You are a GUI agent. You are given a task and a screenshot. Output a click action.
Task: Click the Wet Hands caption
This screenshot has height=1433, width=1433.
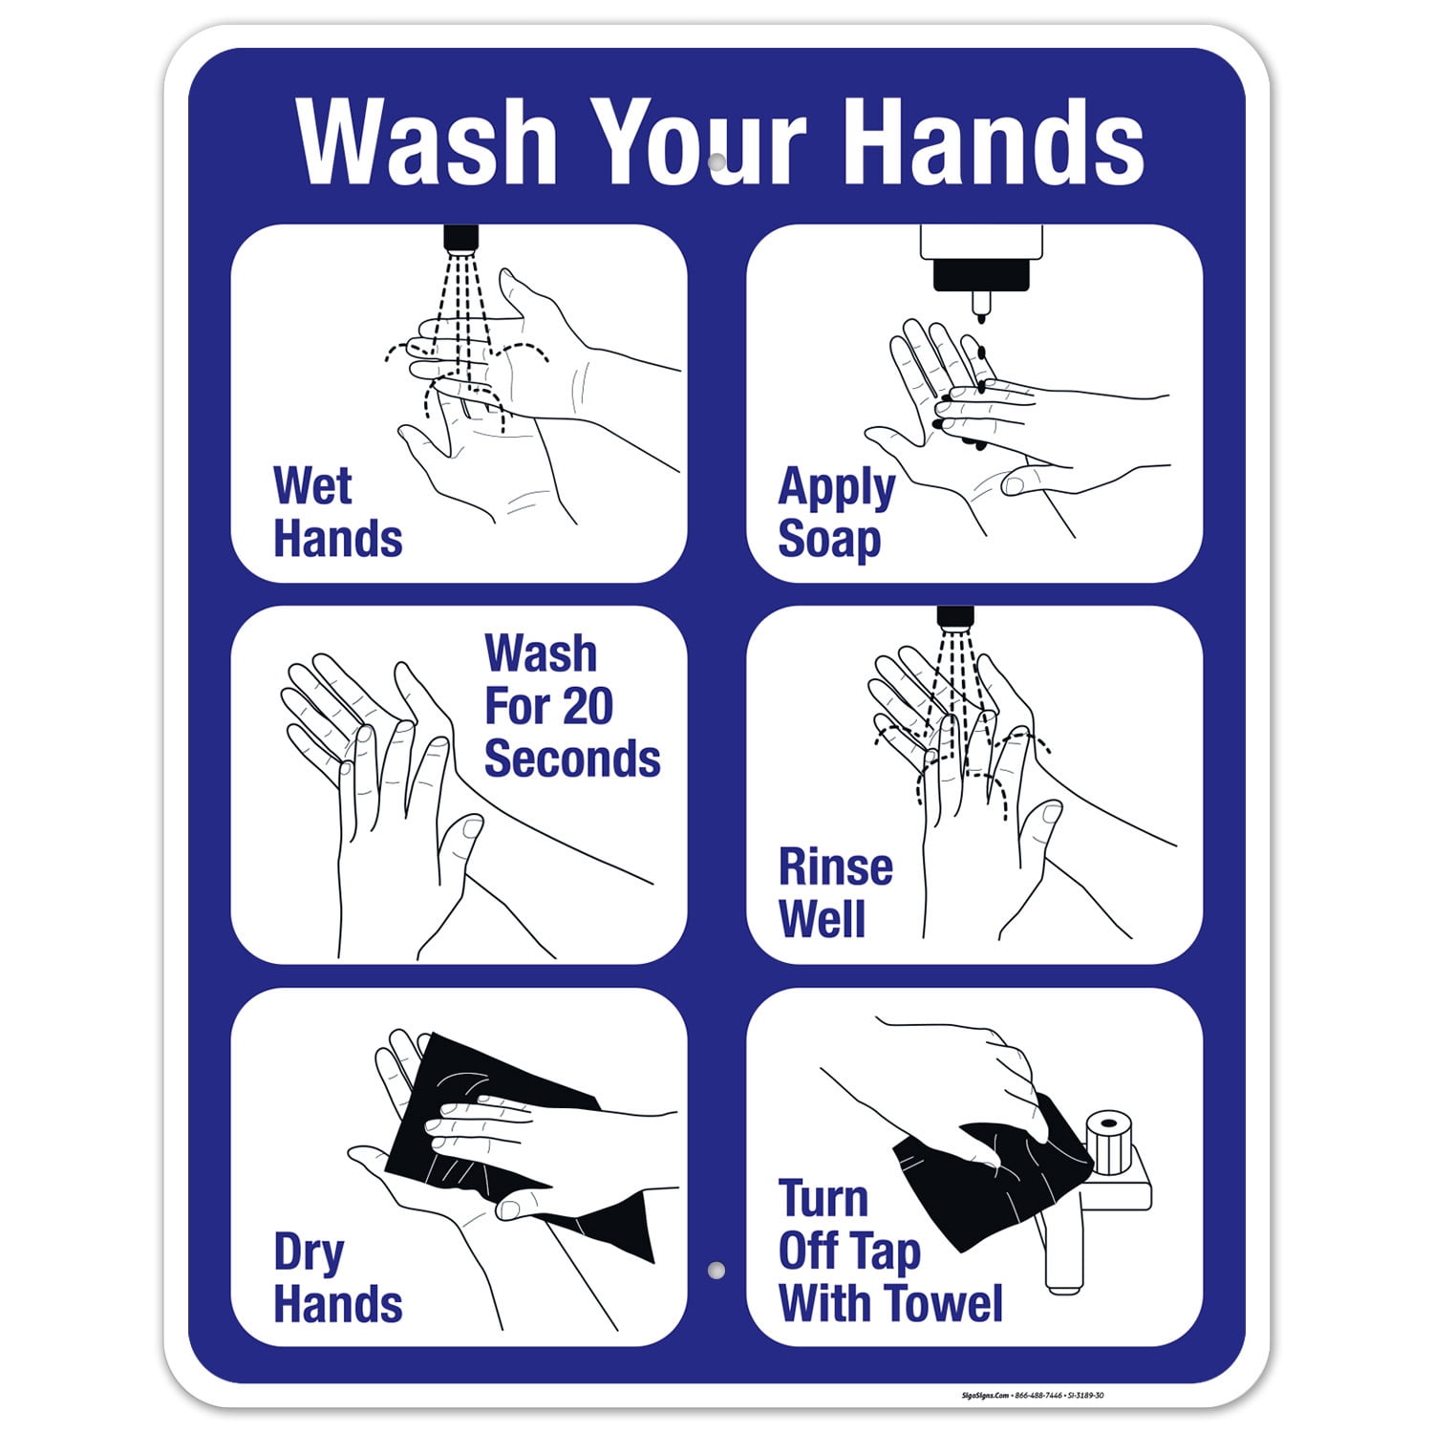tap(337, 512)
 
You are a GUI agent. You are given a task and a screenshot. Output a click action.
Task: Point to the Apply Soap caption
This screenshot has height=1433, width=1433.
tap(836, 512)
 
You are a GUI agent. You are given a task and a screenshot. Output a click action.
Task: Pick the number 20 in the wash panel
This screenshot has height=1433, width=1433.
tap(581, 706)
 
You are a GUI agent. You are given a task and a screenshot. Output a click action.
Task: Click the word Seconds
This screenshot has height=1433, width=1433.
tap(572, 759)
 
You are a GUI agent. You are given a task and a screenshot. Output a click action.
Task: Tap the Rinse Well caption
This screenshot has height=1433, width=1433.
tap(835, 893)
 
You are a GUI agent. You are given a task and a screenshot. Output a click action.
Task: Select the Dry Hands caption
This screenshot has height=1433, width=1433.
tap(337, 1278)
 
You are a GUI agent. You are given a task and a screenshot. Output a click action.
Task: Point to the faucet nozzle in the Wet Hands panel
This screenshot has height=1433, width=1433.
tap(460, 239)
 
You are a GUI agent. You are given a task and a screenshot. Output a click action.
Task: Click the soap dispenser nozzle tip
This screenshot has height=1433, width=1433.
tap(980, 308)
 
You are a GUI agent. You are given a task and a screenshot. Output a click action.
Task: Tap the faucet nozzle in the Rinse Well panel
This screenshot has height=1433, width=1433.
tap(954, 617)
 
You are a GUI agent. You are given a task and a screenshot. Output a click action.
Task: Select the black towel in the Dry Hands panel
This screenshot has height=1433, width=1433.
tap(497, 1146)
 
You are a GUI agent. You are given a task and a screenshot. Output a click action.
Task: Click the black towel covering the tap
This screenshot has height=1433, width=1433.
tap(994, 1175)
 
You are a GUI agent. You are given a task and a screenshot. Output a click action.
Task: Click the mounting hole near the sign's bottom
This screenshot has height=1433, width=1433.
tap(716, 1271)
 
